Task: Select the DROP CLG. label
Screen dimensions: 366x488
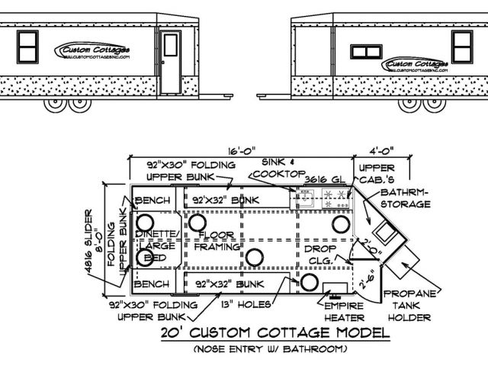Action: point(320,254)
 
